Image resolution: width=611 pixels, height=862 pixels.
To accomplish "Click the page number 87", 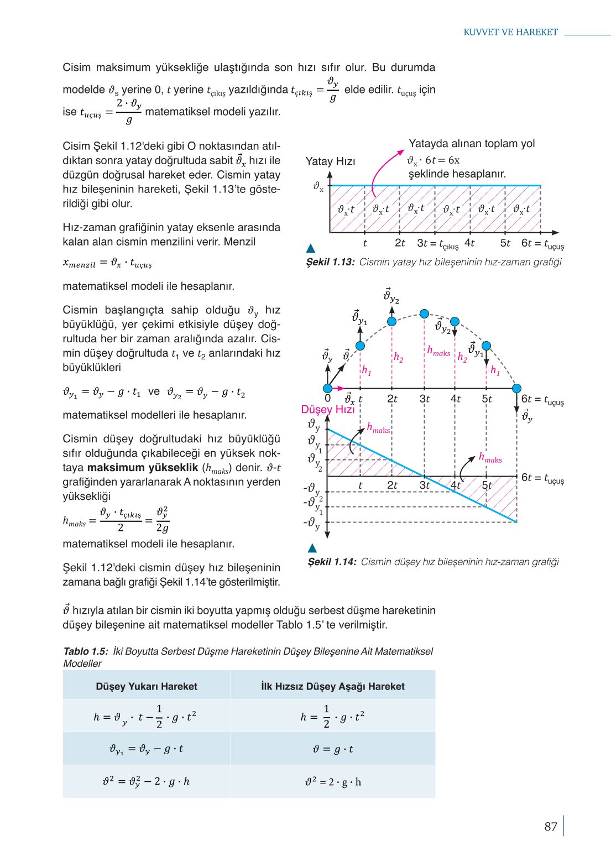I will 550,827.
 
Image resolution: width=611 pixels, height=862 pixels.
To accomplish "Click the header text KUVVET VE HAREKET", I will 510,32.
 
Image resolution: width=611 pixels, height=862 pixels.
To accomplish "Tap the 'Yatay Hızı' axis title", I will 330,161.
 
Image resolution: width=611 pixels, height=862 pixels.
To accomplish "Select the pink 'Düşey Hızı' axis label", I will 327,410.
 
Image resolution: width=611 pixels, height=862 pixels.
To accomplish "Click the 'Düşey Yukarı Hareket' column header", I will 147,686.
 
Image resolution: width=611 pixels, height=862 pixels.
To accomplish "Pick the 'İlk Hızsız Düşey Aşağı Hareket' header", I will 333,686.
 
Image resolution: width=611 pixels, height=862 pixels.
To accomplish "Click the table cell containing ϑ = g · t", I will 333,749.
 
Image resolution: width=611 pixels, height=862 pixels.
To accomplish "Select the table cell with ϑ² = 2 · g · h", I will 333,782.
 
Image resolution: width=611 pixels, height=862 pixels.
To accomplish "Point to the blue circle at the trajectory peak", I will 424,314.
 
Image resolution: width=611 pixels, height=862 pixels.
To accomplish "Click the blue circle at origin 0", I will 328,389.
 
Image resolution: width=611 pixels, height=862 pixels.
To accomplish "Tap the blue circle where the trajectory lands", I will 516,389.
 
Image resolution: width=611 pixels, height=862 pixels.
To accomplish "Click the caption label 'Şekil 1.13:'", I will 331,262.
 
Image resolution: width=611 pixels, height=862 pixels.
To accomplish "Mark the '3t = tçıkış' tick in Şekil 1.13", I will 437,243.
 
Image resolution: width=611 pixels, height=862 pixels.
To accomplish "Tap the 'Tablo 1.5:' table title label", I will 86,651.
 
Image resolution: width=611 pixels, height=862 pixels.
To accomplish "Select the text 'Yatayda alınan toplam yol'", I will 472,144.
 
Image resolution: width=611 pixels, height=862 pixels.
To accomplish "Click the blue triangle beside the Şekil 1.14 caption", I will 312,548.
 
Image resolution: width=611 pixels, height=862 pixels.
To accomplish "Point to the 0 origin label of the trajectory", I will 328,399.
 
